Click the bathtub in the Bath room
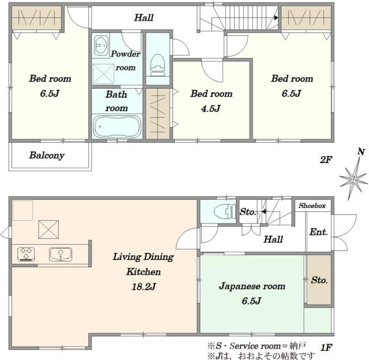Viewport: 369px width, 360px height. point(117,127)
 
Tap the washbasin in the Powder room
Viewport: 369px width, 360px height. point(101,45)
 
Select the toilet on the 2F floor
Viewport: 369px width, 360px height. point(157,65)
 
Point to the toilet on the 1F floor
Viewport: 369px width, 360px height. point(224,211)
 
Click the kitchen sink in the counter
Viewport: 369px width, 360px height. point(61,254)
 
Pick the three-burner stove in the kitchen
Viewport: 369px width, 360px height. point(26,254)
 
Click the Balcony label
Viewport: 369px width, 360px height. point(47,156)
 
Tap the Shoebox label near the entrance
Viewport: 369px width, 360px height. point(312,206)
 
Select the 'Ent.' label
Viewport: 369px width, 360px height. point(318,232)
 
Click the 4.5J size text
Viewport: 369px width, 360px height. point(211,109)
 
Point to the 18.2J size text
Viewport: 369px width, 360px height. point(144,287)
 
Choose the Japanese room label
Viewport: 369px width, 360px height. point(252,286)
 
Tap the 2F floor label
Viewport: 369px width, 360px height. point(326,160)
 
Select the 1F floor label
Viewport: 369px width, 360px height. point(326,347)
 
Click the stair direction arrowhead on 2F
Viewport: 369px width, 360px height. point(276,18)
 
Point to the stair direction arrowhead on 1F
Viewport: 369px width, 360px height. point(264,211)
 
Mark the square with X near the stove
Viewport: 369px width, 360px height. point(48,229)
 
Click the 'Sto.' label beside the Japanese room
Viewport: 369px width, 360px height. point(319,280)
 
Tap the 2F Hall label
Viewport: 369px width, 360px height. point(144,18)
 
